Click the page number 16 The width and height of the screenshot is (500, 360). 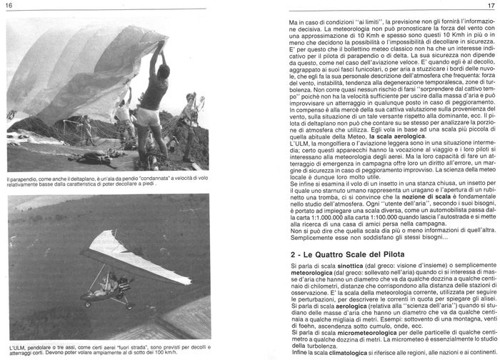10,6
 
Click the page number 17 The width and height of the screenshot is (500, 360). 491,6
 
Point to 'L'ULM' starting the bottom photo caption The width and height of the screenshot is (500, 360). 16,345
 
